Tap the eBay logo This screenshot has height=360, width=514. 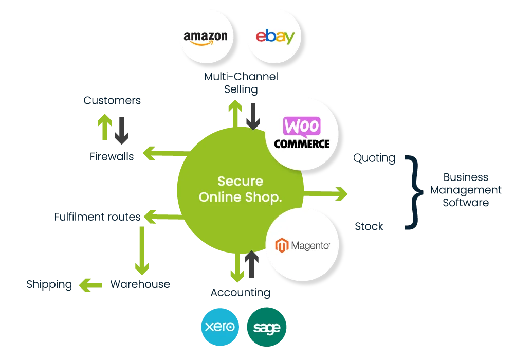click(275, 37)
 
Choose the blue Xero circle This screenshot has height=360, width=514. click(219, 327)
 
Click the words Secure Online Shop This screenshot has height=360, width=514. click(240, 189)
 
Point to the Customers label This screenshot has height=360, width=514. click(113, 101)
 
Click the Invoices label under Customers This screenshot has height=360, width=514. click(113, 155)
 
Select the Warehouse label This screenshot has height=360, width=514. click(139, 283)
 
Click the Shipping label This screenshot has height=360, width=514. click(49, 284)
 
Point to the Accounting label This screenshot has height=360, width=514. click(240, 293)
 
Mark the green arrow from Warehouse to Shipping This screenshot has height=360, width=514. click(90, 284)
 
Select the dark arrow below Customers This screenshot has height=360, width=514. click(122, 130)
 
